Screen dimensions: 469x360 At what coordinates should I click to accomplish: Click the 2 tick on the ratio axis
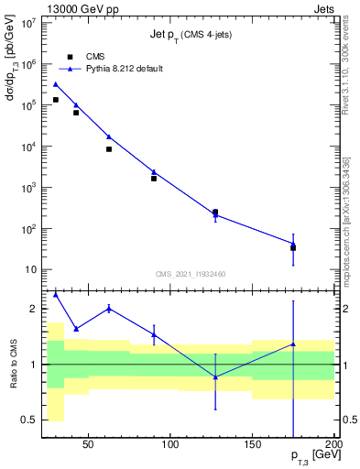[x=35, y=309]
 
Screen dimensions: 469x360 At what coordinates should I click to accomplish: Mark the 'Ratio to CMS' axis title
[x=14, y=364]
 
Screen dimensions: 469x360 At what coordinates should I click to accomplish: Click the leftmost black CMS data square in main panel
[x=56, y=100]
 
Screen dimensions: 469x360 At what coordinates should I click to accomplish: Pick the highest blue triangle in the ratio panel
[x=56, y=295]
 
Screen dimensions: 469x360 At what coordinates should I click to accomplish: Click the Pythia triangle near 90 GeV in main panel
[x=154, y=171]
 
